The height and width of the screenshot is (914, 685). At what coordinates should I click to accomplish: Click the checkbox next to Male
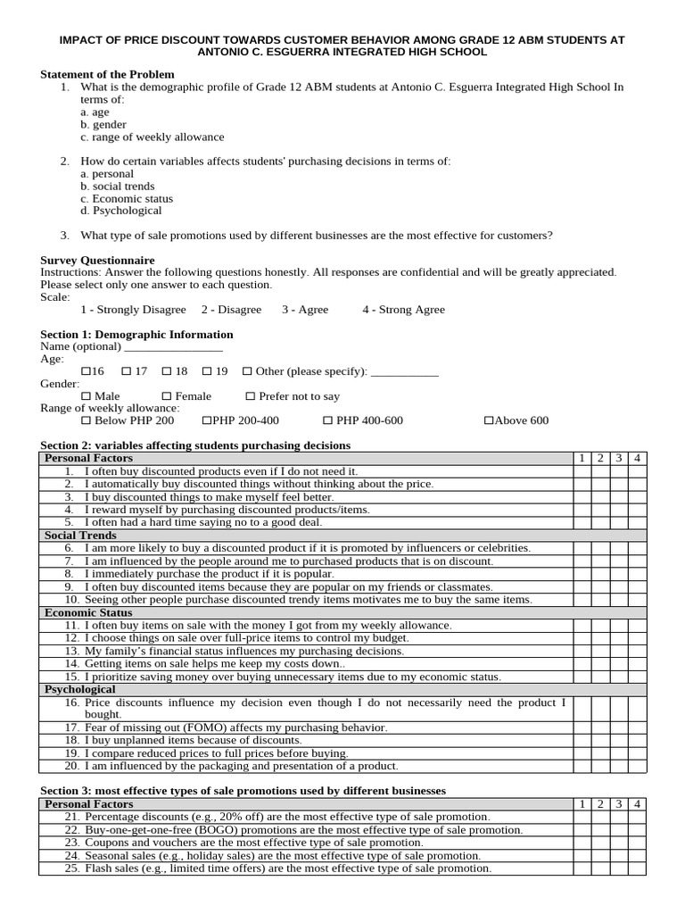[x=86, y=396]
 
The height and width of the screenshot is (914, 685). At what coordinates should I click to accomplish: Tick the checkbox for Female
[x=167, y=396]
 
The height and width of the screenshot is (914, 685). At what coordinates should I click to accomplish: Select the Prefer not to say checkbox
[x=251, y=396]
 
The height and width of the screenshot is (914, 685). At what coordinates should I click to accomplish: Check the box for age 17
[x=127, y=371]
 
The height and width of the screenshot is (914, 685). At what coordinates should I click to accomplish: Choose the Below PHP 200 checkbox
[x=86, y=420]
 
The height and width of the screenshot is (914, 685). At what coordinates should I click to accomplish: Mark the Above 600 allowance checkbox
[x=488, y=420]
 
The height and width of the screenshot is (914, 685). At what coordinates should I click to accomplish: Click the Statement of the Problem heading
[x=107, y=74]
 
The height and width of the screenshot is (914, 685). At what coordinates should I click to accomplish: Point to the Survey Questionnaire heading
[x=97, y=260]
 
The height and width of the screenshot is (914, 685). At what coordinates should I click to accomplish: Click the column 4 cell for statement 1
[x=636, y=470]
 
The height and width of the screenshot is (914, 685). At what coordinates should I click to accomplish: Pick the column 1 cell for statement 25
[x=582, y=868]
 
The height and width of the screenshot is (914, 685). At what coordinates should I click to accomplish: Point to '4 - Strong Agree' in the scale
[x=403, y=310]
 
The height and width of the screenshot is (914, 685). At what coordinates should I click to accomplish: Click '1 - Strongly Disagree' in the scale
[x=133, y=310]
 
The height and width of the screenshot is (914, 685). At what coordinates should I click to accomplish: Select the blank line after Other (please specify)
[x=404, y=371]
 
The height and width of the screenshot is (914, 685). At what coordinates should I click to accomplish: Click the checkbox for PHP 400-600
[x=327, y=420]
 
